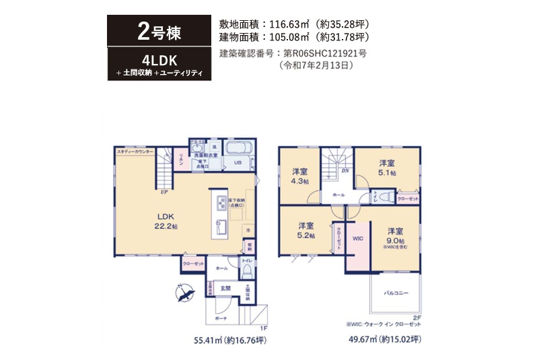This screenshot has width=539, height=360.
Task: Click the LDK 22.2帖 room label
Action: pos(166,221)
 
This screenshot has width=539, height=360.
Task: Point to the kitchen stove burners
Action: pos(220,203)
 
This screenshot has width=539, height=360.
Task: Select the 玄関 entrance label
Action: pos(227,288)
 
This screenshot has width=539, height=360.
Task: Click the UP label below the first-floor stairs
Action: pos(163,192)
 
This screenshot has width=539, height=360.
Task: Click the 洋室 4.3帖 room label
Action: pos(300,176)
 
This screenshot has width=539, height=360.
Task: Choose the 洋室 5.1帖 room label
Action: pos(386,168)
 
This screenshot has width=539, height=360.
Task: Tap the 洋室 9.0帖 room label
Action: pos(396,236)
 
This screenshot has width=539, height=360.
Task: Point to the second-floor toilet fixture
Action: pos(386,197)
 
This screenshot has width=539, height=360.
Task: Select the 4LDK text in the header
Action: pos(159,60)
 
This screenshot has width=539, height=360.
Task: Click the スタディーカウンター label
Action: pos(135,152)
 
